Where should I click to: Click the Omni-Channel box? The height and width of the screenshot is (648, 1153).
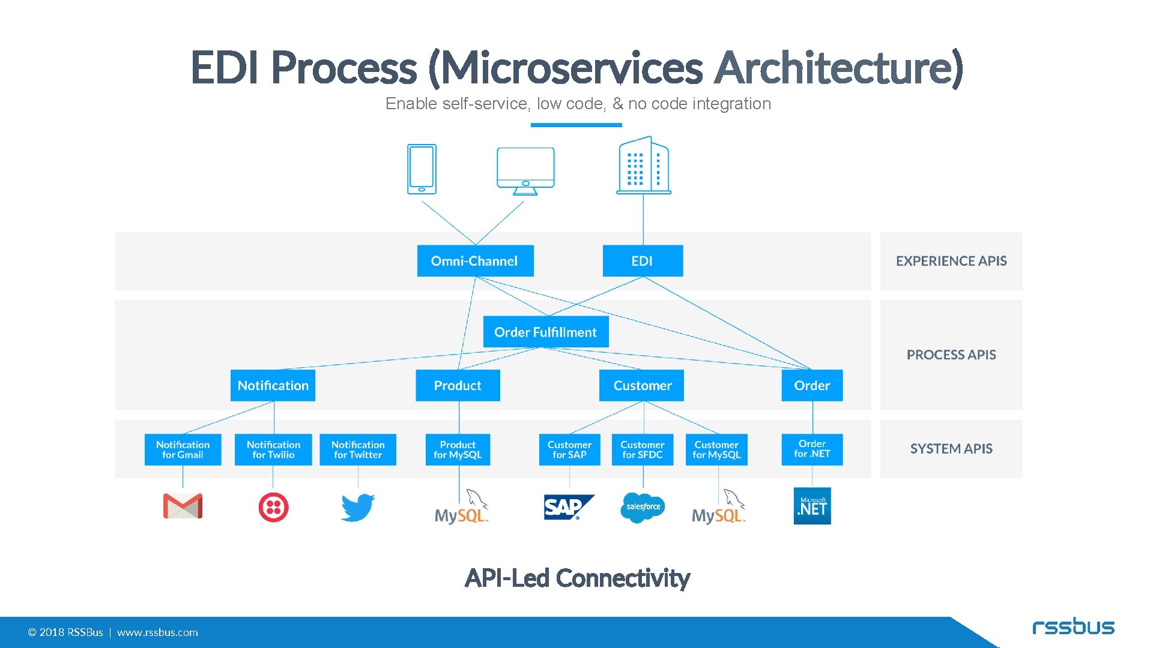tap(475, 261)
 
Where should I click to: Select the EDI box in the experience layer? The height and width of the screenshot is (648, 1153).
tap(643, 261)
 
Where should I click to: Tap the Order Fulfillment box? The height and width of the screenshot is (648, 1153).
tap(545, 332)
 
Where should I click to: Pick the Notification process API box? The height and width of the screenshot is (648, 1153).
tap(273, 385)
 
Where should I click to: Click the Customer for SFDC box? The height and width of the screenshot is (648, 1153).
tap(643, 449)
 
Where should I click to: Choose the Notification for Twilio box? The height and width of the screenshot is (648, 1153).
tap(273, 449)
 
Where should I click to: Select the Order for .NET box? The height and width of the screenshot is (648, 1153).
tap(812, 449)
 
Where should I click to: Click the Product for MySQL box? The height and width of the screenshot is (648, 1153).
tap(458, 449)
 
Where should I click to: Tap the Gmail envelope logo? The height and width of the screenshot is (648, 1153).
tap(183, 506)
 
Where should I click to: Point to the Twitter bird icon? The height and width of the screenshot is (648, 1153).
tap(358, 508)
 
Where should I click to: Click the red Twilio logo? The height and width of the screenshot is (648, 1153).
tap(273, 508)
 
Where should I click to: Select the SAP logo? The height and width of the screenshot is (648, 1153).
tap(568, 508)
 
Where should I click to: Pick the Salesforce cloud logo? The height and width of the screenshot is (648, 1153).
tap(643, 508)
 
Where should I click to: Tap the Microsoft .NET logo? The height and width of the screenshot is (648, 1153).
tap(812, 506)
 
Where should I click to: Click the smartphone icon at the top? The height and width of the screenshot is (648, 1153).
tap(422, 169)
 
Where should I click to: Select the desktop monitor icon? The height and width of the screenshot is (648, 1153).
tap(525, 170)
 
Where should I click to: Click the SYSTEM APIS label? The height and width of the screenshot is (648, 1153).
tap(951, 449)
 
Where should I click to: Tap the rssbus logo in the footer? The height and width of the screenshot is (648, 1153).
tap(1073, 627)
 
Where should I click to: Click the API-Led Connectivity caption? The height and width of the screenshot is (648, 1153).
tap(577, 578)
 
